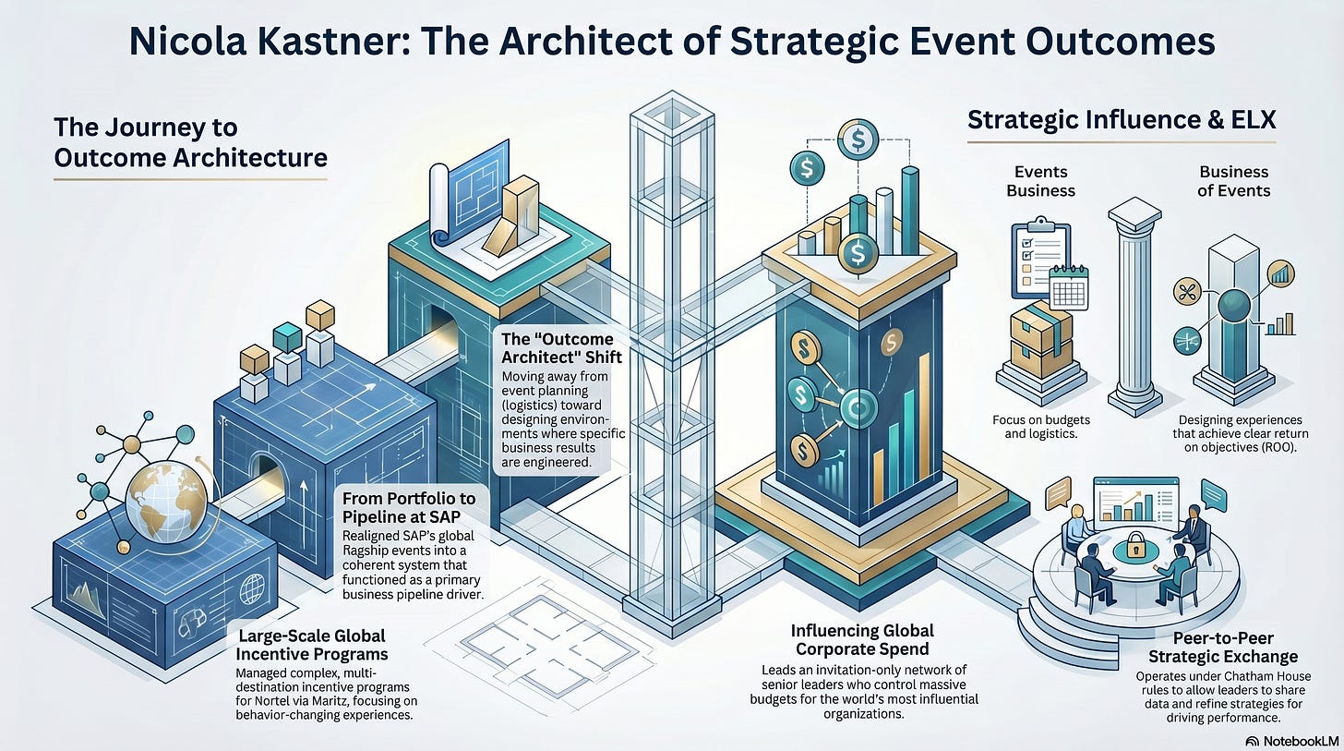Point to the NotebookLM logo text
(x=1294, y=740)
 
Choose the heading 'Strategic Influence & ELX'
(x=1121, y=121)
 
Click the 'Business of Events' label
(x=1233, y=181)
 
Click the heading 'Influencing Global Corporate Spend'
(x=862, y=640)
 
